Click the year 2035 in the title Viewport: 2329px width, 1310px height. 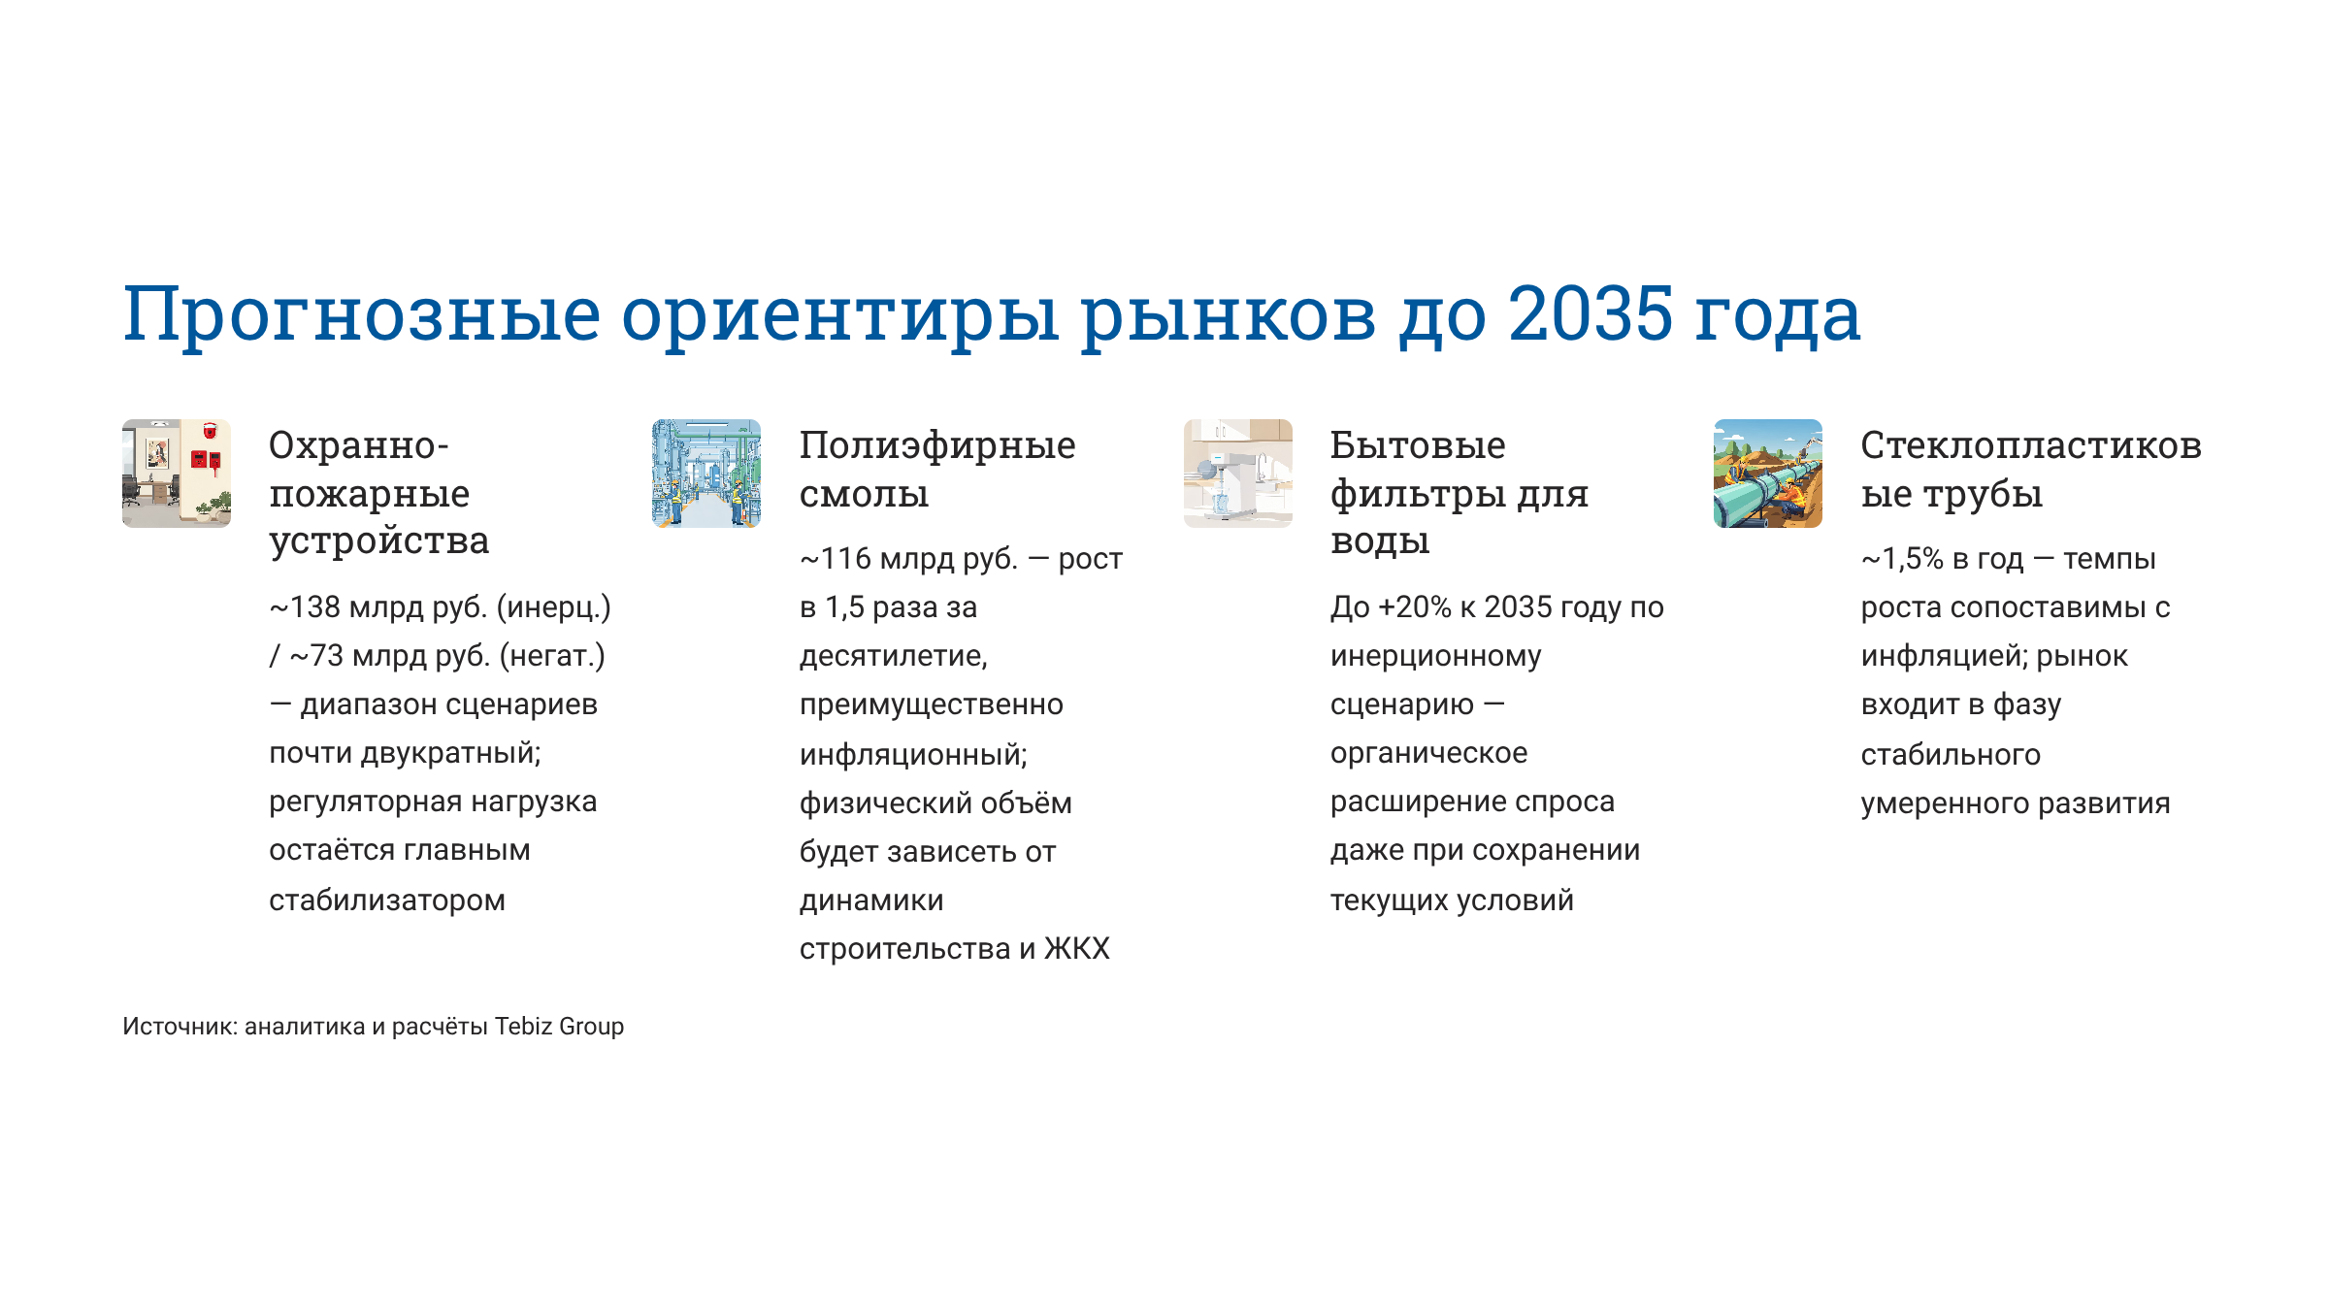click(1591, 313)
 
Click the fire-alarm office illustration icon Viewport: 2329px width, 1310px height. click(177, 474)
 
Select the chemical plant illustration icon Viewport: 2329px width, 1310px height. click(706, 474)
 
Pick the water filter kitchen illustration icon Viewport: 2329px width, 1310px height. click(1238, 474)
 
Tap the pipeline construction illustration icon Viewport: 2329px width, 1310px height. click(1768, 474)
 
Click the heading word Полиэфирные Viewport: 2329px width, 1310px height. click(937, 446)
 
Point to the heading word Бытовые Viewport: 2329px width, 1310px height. click(1418, 445)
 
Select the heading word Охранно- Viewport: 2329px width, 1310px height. click(359, 445)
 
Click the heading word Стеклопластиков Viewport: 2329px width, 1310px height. click(2031, 445)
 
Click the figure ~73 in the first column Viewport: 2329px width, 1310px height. click(316, 656)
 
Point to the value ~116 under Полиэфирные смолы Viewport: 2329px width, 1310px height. click(836, 559)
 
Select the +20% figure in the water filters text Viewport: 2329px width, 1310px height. click(1414, 607)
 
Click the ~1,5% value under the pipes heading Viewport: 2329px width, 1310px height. click(1902, 559)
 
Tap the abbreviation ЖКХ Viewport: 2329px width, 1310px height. click(1077, 949)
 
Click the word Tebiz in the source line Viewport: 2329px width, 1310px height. click(523, 1027)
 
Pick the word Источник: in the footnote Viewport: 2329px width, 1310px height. click(180, 1027)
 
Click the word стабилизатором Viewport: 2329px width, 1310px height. click(387, 901)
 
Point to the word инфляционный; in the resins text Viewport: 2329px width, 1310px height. click(913, 755)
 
